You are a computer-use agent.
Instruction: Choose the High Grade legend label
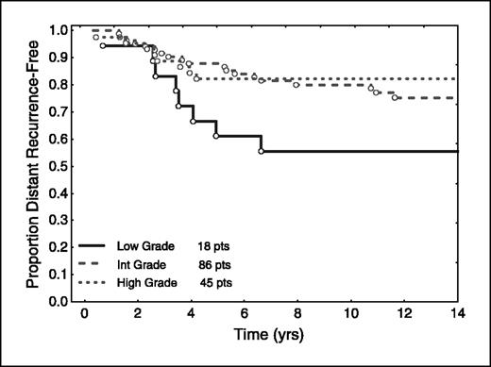(x=146, y=282)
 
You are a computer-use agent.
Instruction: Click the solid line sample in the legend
(x=99, y=243)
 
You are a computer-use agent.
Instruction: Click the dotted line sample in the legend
(x=99, y=282)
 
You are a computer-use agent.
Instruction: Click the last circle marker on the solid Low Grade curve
(x=262, y=151)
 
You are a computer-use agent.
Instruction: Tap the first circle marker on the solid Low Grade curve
(x=103, y=45)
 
